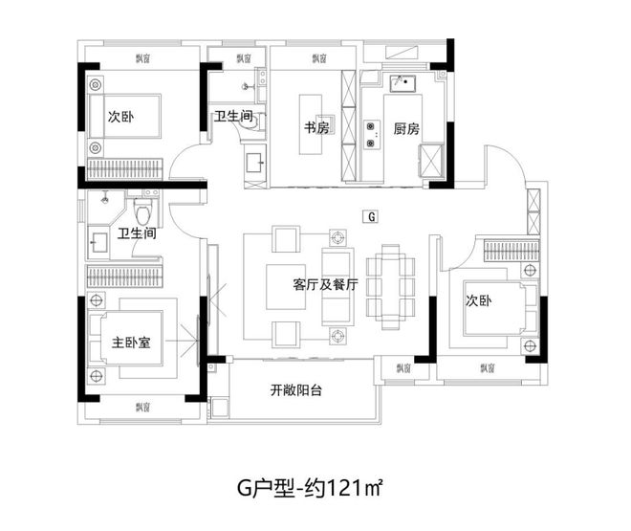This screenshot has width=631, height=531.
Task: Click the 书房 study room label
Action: [x=317, y=128]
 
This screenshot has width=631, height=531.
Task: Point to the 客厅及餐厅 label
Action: [x=325, y=284]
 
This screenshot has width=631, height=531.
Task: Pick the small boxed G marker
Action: [x=369, y=216]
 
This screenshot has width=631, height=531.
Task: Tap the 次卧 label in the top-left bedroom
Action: [x=120, y=118]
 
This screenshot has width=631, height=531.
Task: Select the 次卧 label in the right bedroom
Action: [x=478, y=299]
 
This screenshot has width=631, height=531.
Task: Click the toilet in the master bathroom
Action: [x=144, y=210]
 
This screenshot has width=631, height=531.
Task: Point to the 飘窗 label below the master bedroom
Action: [x=142, y=408]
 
